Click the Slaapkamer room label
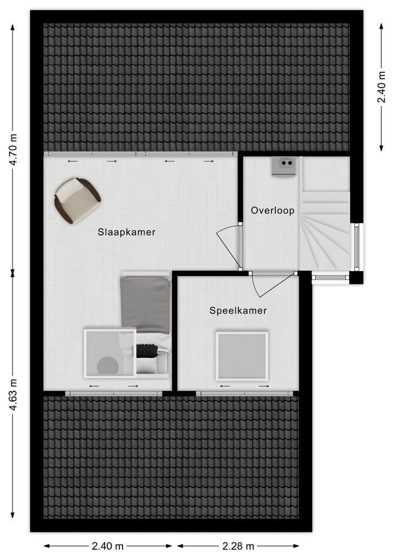(x=126, y=232)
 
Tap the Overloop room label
(x=273, y=210)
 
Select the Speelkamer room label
(x=238, y=311)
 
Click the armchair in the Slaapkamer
(x=77, y=200)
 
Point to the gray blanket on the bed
(x=146, y=304)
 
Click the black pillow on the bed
(x=147, y=350)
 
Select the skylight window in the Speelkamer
(x=242, y=356)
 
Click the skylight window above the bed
(x=110, y=353)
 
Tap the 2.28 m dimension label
(x=238, y=545)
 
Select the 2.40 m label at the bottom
(x=108, y=545)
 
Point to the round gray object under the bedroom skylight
(x=108, y=365)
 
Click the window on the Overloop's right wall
(x=357, y=246)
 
